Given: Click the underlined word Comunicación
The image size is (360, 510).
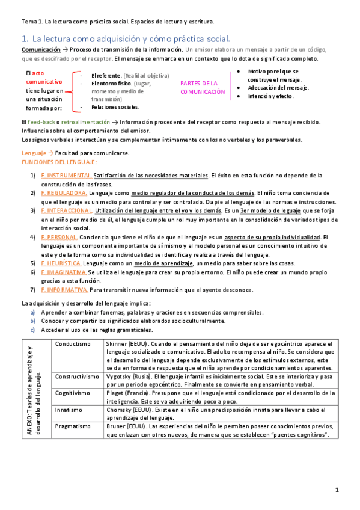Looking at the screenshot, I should tap(40, 49).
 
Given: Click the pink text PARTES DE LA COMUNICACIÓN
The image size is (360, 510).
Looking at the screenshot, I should tap(203, 87).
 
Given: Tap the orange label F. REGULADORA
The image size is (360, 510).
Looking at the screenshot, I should tap(64, 193).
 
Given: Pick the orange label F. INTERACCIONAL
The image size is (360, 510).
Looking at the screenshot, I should tap(66, 211).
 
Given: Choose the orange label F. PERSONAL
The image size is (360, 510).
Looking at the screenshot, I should tap(60, 238).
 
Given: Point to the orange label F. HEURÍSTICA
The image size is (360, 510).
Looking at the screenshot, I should tap(61, 263).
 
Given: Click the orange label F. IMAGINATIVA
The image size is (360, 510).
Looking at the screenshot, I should tap(64, 272).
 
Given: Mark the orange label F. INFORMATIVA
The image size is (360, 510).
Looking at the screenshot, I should tap(64, 290).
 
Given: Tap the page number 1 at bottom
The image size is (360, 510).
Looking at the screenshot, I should tap(338, 490).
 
